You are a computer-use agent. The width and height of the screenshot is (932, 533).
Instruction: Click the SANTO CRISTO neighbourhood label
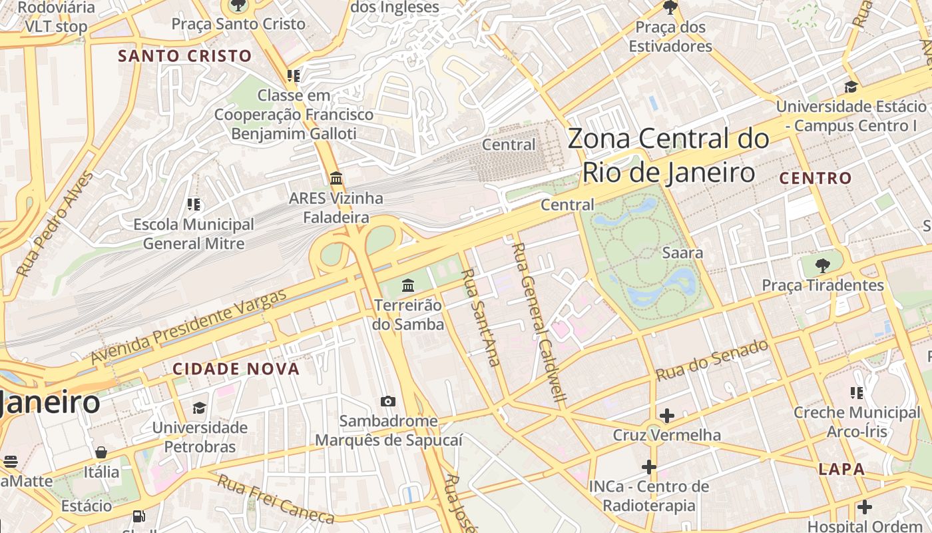[x=185, y=56]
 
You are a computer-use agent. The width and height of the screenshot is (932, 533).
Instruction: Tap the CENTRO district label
[x=815, y=178]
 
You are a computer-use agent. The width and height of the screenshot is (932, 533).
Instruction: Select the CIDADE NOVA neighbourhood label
[x=236, y=368]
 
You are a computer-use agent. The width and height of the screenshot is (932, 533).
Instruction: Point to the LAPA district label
[x=841, y=469]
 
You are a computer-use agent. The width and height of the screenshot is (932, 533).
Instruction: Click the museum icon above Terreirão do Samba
[x=408, y=286]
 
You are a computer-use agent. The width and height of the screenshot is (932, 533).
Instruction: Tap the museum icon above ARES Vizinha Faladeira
[x=336, y=179]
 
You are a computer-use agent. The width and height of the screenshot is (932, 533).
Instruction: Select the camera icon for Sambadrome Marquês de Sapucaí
[x=388, y=401]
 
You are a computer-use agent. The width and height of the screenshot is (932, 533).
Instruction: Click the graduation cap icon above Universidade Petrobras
[x=199, y=408]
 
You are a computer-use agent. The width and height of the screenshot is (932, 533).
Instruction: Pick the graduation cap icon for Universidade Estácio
[x=851, y=87]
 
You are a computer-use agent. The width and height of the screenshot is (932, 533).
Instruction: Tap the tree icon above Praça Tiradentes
[x=823, y=265]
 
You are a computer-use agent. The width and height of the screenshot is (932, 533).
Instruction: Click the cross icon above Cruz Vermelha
[x=666, y=416]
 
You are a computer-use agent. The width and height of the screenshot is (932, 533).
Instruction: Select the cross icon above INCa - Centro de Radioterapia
[x=649, y=466]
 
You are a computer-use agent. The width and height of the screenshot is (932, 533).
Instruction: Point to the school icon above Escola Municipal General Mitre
[x=194, y=205]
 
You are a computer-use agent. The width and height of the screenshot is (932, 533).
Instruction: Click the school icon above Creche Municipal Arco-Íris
[x=856, y=393]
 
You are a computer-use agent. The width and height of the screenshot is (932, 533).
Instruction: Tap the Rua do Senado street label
[x=712, y=360]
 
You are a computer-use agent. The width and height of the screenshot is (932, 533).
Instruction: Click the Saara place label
[x=682, y=253]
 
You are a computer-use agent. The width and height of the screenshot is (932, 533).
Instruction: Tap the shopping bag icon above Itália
[x=101, y=453]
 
